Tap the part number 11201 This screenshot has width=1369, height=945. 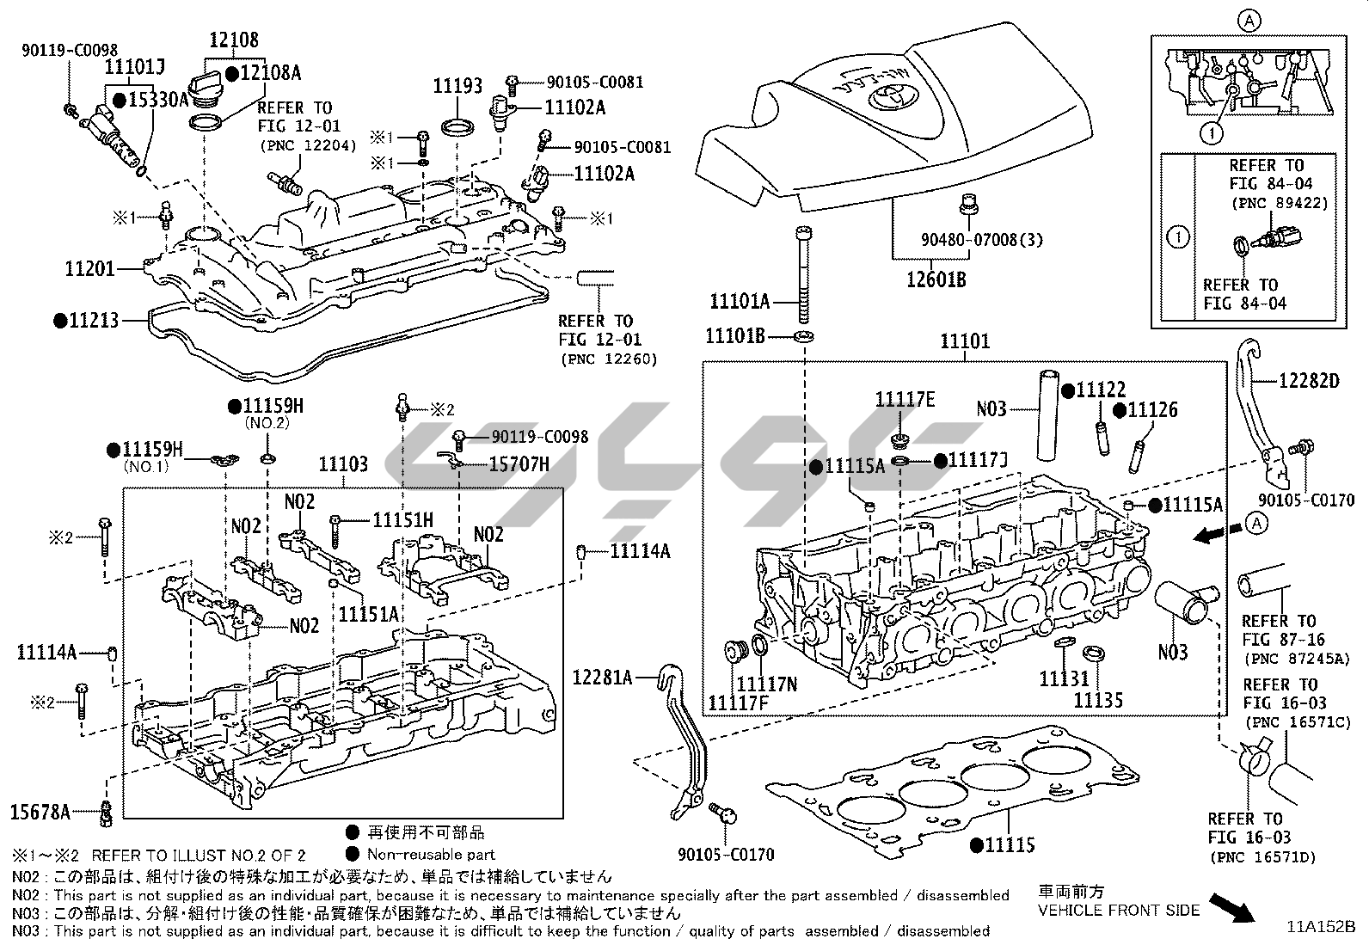[x=89, y=270]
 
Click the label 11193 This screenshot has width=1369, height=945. [x=457, y=86]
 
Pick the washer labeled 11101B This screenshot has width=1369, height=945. [x=804, y=335]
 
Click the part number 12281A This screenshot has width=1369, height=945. [x=602, y=678]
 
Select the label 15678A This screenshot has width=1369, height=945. [x=40, y=810]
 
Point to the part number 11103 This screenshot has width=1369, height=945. [x=343, y=465]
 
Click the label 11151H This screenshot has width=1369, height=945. [x=402, y=519]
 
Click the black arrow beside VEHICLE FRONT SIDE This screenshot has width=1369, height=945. [x=1231, y=906]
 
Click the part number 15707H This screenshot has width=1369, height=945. [x=519, y=464]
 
